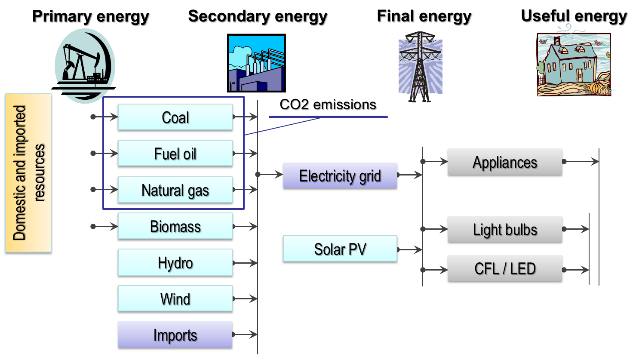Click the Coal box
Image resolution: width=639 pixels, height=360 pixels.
coord(175,117)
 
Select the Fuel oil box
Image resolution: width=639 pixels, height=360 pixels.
coord(175,153)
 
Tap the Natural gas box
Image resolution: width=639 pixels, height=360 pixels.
coord(175,190)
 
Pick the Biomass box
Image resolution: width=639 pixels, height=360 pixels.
coord(175,226)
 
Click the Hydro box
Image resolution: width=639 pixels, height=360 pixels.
coord(175,262)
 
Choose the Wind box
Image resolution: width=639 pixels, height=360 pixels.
coord(175,298)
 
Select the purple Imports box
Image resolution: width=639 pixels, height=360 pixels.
coord(175,335)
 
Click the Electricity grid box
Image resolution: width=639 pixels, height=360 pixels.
coord(340,175)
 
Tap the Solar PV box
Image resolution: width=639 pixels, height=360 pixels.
coord(340,249)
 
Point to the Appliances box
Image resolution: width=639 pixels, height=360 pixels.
coord(505,162)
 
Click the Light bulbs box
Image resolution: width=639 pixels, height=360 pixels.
coord(505,229)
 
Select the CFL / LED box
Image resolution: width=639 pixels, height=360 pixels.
coord(505,268)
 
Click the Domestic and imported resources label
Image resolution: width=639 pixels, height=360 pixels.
coord(28,173)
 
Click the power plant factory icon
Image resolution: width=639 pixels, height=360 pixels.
coord(256,63)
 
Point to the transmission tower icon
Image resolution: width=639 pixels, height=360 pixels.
coord(420,67)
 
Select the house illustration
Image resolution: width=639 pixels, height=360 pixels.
coord(574,64)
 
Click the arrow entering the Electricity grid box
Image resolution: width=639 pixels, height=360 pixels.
coord(271,175)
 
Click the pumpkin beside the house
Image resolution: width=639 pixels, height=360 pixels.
coord(596,88)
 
